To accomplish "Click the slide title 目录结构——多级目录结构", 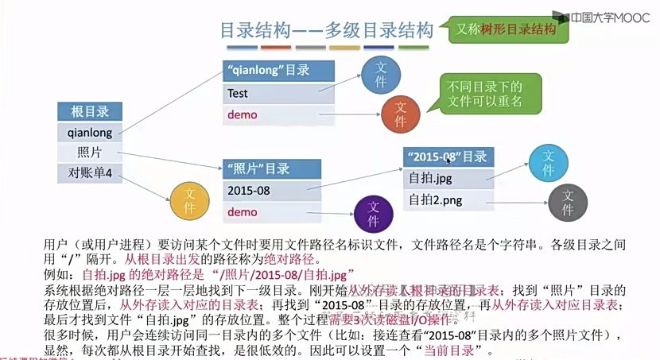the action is pos(326,32).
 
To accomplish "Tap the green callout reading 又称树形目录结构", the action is pos(506,29).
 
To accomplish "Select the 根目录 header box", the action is pos(90,112).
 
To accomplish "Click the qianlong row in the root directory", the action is pos(90,133).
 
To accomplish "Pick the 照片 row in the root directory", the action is pos(90,153).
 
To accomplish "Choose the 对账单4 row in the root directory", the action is pos(90,172).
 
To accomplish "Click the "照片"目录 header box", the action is pos(273,169).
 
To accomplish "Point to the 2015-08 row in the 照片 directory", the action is pos(273,191).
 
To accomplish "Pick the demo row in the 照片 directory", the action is pos(273,212).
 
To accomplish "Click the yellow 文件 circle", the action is pos(189,199).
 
